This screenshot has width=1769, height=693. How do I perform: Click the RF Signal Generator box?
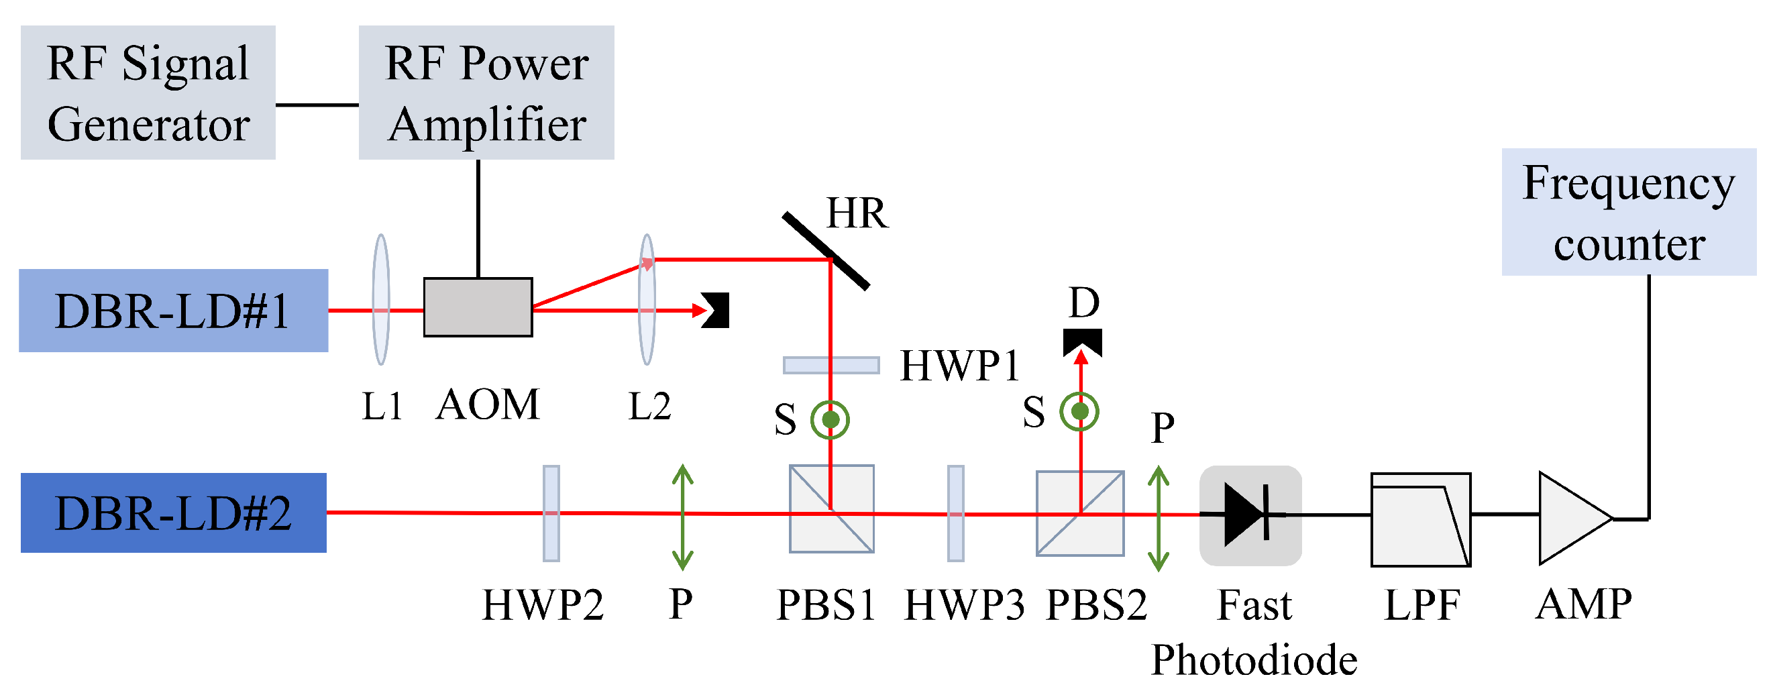pyautogui.click(x=148, y=93)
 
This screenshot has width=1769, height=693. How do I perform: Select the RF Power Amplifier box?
pyautogui.click(x=486, y=93)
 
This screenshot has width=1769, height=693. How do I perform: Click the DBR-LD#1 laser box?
pyautogui.click(x=173, y=311)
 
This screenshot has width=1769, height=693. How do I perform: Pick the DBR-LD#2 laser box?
pyautogui.click(x=173, y=513)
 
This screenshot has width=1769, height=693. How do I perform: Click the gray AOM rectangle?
pyautogui.click(x=478, y=307)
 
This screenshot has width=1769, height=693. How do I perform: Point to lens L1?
pyautogui.click(x=381, y=299)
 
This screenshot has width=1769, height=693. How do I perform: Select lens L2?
pyautogui.click(x=646, y=299)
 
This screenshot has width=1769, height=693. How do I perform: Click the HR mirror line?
pyautogui.click(x=826, y=251)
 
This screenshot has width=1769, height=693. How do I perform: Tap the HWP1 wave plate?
pyautogui.click(x=831, y=366)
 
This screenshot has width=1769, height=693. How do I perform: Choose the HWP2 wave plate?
pyautogui.click(x=551, y=513)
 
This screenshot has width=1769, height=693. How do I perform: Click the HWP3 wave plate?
pyautogui.click(x=955, y=513)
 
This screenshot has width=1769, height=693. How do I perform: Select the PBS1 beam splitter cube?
pyautogui.click(x=831, y=509)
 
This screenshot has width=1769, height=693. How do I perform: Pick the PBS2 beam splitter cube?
pyautogui.click(x=1079, y=513)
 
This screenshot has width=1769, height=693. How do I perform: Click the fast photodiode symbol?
pyautogui.click(x=1250, y=515)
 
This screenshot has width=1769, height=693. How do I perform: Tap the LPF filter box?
pyautogui.click(x=1420, y=519)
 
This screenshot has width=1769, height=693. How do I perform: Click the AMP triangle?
pyautogui.click(x=1572, y=518)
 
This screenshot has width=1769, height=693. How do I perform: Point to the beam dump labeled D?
pyautogui.click(x=1082, y=341)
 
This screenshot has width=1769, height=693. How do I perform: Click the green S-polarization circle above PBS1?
pyautogui.click(x=830, y=419)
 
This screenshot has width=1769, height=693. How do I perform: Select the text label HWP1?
pyautogui.click(x=959, y=366)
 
